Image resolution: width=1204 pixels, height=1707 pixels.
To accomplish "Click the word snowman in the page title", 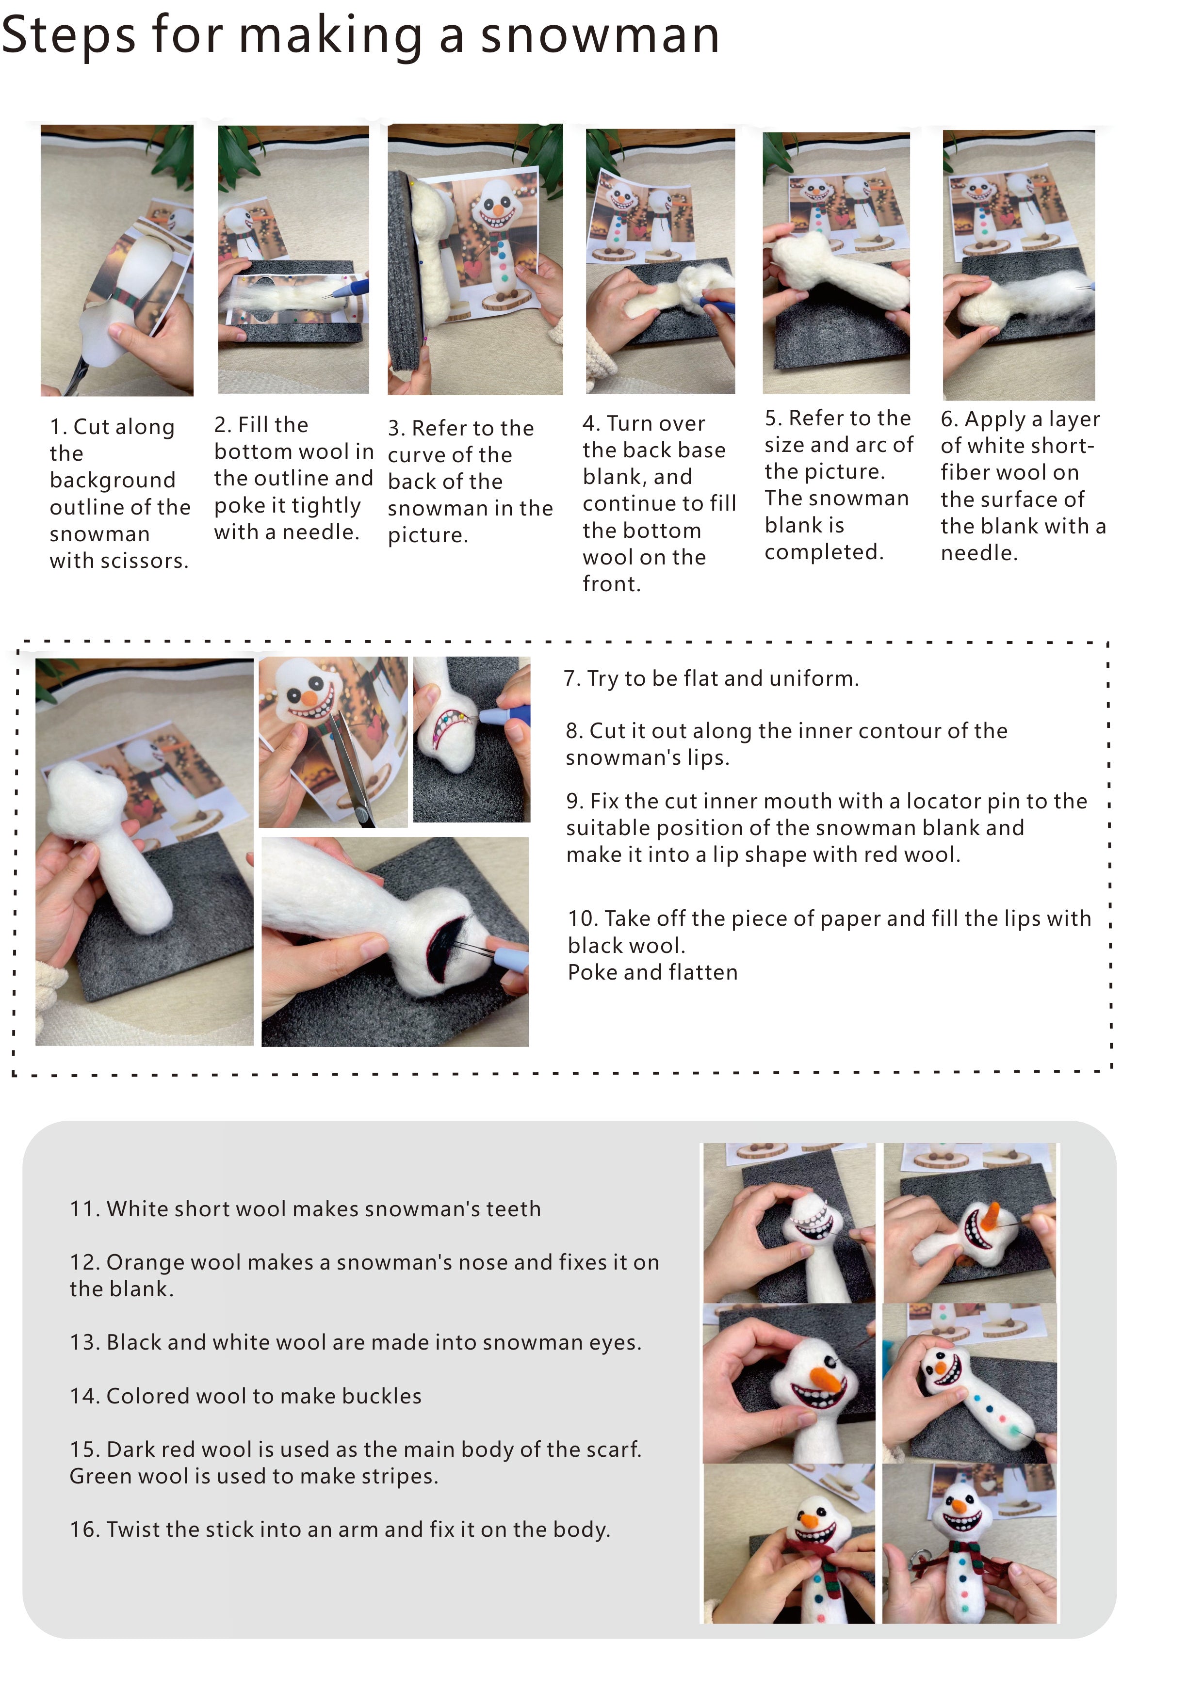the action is pos(600,36).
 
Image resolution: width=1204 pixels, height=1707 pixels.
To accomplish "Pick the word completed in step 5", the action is pos(824,552).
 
